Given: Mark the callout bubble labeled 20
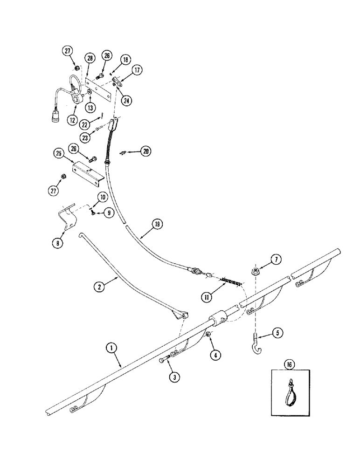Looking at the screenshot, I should click(146, 151).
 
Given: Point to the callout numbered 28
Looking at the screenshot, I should click(90, 58).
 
